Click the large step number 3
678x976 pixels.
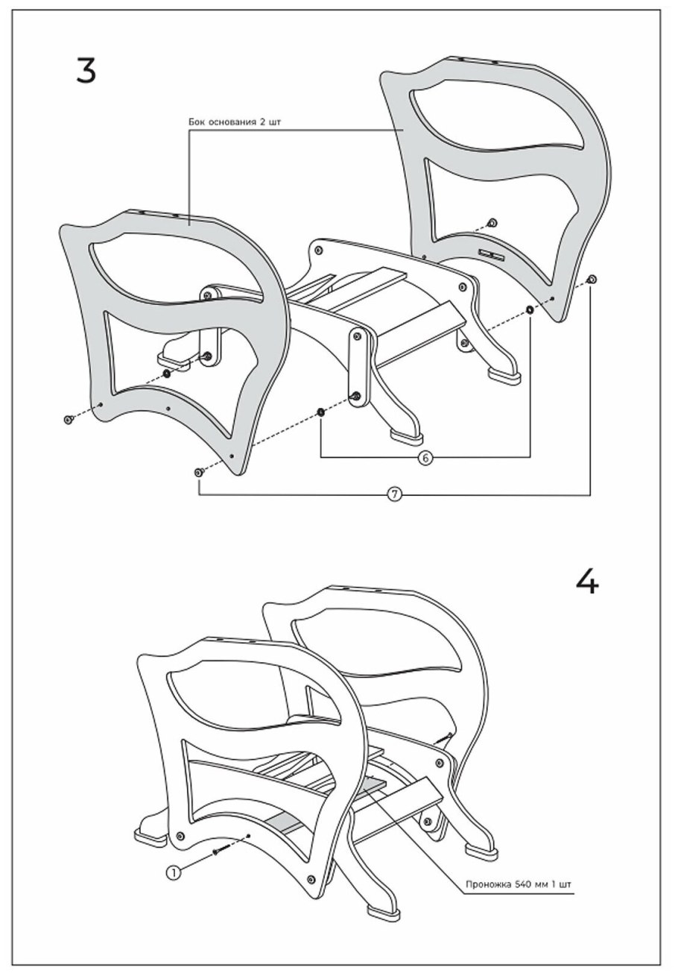pos(86,70)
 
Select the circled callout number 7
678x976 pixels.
pos(395,494)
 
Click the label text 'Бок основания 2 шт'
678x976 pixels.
pos(235,122)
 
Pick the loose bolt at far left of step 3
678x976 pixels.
pos(68,420)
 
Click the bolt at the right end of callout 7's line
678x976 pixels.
pos(592,280)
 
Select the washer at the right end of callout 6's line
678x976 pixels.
pos(530,309)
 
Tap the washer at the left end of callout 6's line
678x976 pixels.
pos(320,412)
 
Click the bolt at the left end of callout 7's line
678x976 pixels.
pos(198,472)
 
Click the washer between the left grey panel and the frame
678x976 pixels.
pos(166,374)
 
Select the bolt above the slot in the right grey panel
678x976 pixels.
pos(492,223)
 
